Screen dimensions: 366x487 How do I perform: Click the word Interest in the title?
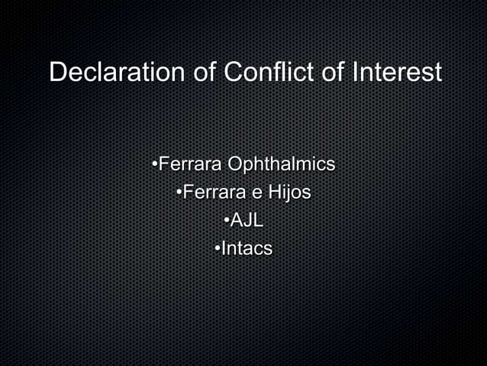coord(397,73)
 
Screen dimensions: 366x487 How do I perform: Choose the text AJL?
coord(247,221)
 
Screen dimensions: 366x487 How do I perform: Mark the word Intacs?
coord(247,249)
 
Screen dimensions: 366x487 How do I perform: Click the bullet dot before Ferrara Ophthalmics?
coord(155,164)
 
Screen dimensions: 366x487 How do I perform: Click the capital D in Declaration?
coord(57,73)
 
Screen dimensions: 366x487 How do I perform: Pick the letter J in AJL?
coord(250,221)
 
